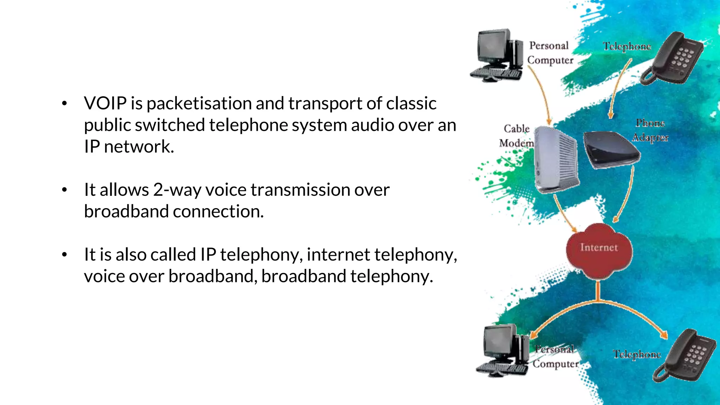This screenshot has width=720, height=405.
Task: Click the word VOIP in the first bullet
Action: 105,104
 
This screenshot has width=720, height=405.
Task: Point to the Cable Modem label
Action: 516,136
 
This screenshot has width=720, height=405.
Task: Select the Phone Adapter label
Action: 650,130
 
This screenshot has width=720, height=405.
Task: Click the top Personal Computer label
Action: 549,53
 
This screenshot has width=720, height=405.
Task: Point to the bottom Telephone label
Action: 637,354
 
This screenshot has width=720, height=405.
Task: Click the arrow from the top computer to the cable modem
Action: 541,95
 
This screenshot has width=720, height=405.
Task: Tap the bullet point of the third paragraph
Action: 64,255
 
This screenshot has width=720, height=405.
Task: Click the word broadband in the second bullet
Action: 127,212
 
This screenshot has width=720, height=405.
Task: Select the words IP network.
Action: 129,147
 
